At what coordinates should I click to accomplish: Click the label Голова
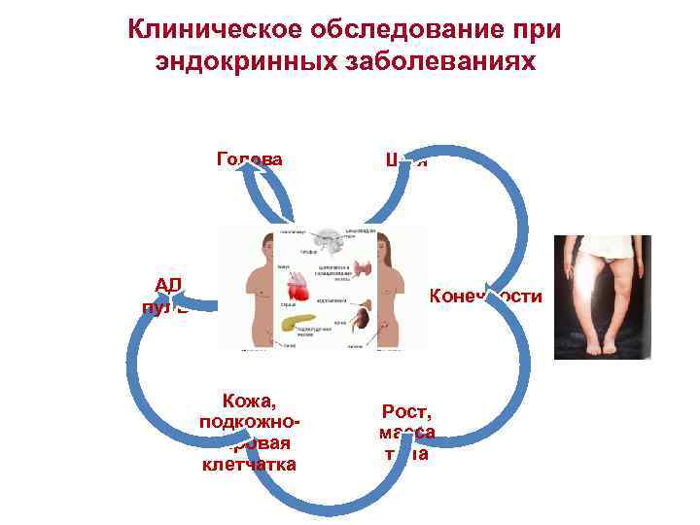[x=250, y=159]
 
